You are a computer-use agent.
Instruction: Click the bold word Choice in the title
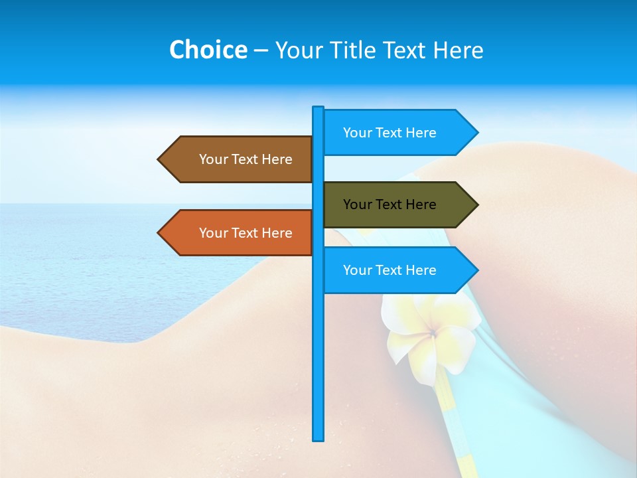(x=208, y=50)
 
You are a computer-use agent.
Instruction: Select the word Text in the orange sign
(x=246, y=233)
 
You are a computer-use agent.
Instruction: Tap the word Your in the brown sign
(x=214, y=159)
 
